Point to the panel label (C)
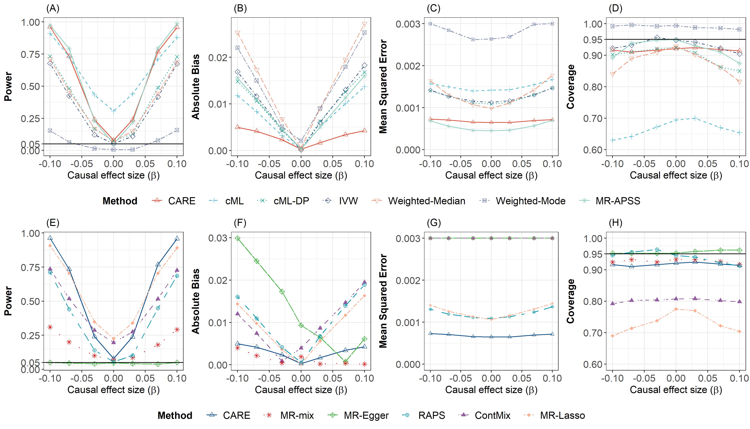click(x=433, y=9)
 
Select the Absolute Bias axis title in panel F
click(x=196, y=301)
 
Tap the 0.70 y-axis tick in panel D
click(x=591, y=119)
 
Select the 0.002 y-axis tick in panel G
click(x=408, y=280)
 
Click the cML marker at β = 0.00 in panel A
click(x=114, y=111)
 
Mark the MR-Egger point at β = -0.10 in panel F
click(x=237, y=238)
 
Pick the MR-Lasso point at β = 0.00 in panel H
click(x=676, y=309)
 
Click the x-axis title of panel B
click(x=301, y=175)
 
